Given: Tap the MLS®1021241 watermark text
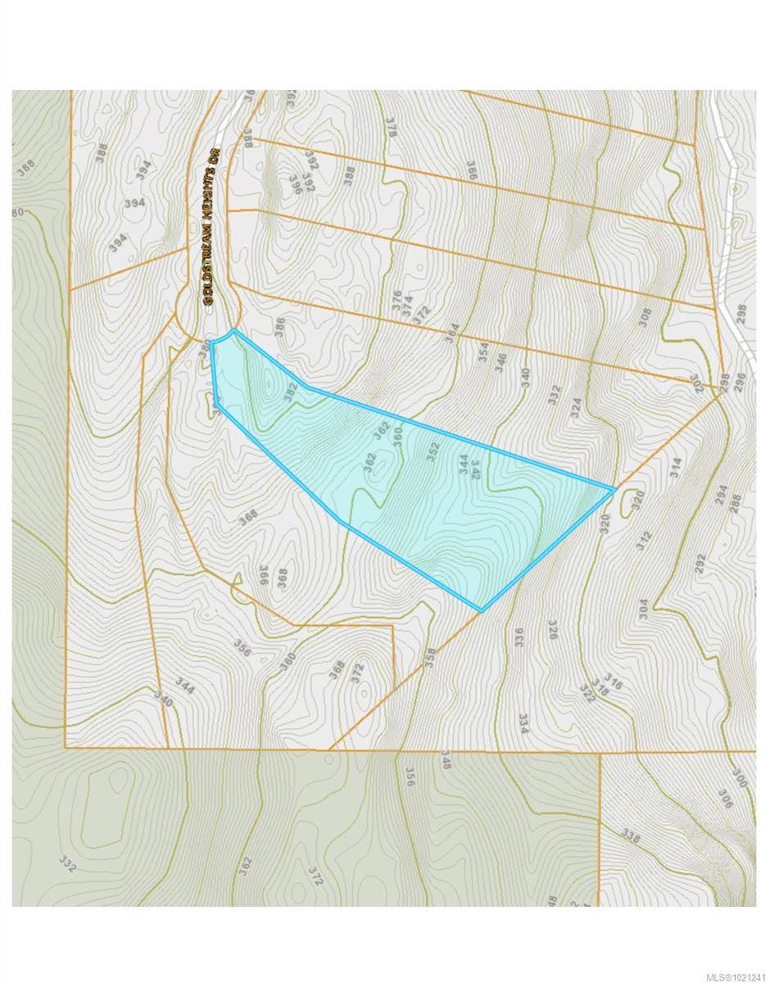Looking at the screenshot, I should pyautogui.click(x=727, y=973).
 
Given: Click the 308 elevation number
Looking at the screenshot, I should pyautogui.click(x=645, y=318).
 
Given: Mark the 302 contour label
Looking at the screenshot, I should pyautogui.click(x=697, y=384).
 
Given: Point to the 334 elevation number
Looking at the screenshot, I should pyautogui.click(x=522, y=723).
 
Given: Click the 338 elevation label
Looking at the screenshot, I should pyautogui.click(x=631, y=836).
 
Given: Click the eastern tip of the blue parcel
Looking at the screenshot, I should pyautogui.click(x=614, y=489).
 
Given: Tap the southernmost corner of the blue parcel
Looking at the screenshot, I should pyautogui.click(x=482, y=610).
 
